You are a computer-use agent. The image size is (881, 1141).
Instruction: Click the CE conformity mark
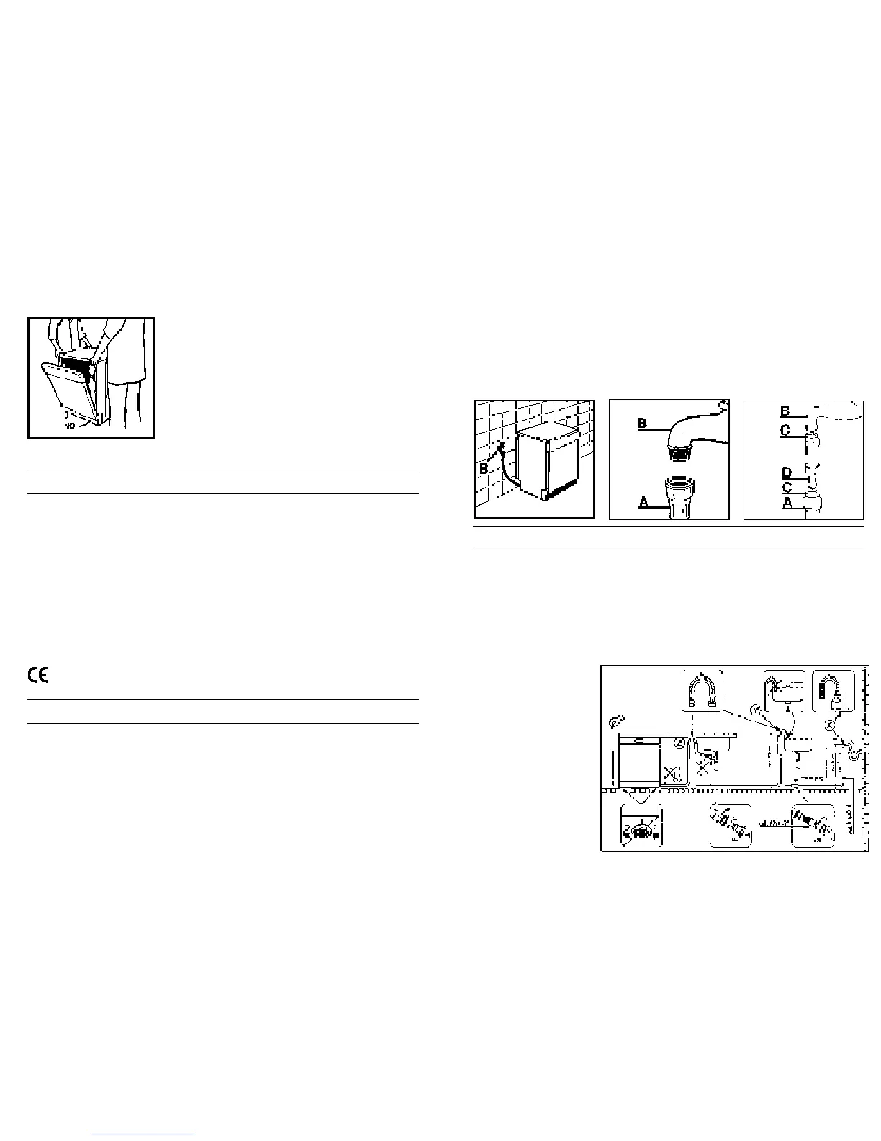pos(37,675)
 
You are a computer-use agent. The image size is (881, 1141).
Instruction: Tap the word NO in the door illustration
pos(69,426)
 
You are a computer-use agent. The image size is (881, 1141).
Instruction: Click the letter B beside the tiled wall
pos(484,469)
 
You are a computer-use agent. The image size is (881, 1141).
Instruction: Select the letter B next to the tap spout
pos(643,424)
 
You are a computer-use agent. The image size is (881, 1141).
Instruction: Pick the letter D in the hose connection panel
pos(787,473)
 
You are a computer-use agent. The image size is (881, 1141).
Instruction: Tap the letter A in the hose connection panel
pos(787,503)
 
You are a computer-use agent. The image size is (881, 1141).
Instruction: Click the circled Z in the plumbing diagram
pos(679,742)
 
